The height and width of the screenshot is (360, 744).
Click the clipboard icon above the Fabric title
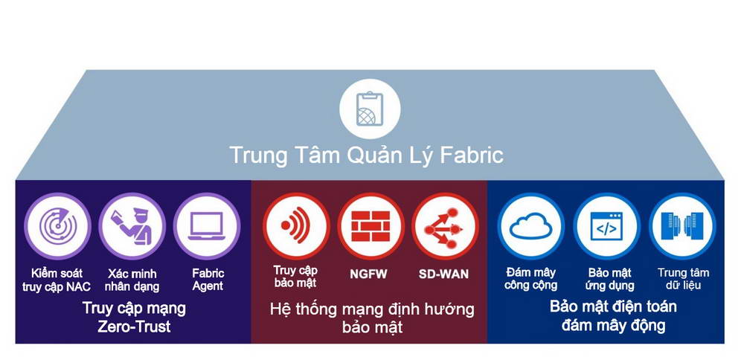tap(370, 109)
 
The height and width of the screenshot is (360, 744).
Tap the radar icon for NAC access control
tap(58, 226)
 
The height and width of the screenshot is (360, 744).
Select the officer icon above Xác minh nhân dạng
tap(132, 226)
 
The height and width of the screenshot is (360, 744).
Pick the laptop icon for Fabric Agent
tap(207, 226)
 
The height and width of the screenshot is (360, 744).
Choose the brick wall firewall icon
tap(371, 226)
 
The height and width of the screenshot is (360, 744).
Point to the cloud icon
tap(531, 226)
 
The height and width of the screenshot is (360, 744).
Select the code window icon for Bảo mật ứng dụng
tap(606, 226)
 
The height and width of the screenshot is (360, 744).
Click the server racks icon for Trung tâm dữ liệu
tap(682, 226)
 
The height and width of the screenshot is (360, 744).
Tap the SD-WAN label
tap(443, 274)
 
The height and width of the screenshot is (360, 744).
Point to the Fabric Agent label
tap(208, 280)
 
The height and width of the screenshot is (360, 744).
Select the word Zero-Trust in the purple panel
tap(134, 327)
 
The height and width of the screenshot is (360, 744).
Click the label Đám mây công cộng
tap(531, 279)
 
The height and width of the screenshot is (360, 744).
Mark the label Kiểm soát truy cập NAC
tap(57, 280)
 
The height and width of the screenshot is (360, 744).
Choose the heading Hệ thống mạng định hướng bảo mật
tap(372, 318)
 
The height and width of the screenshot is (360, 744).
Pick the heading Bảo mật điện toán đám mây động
tap(613, 316)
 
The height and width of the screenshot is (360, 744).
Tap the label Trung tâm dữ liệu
tap(683, 279)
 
